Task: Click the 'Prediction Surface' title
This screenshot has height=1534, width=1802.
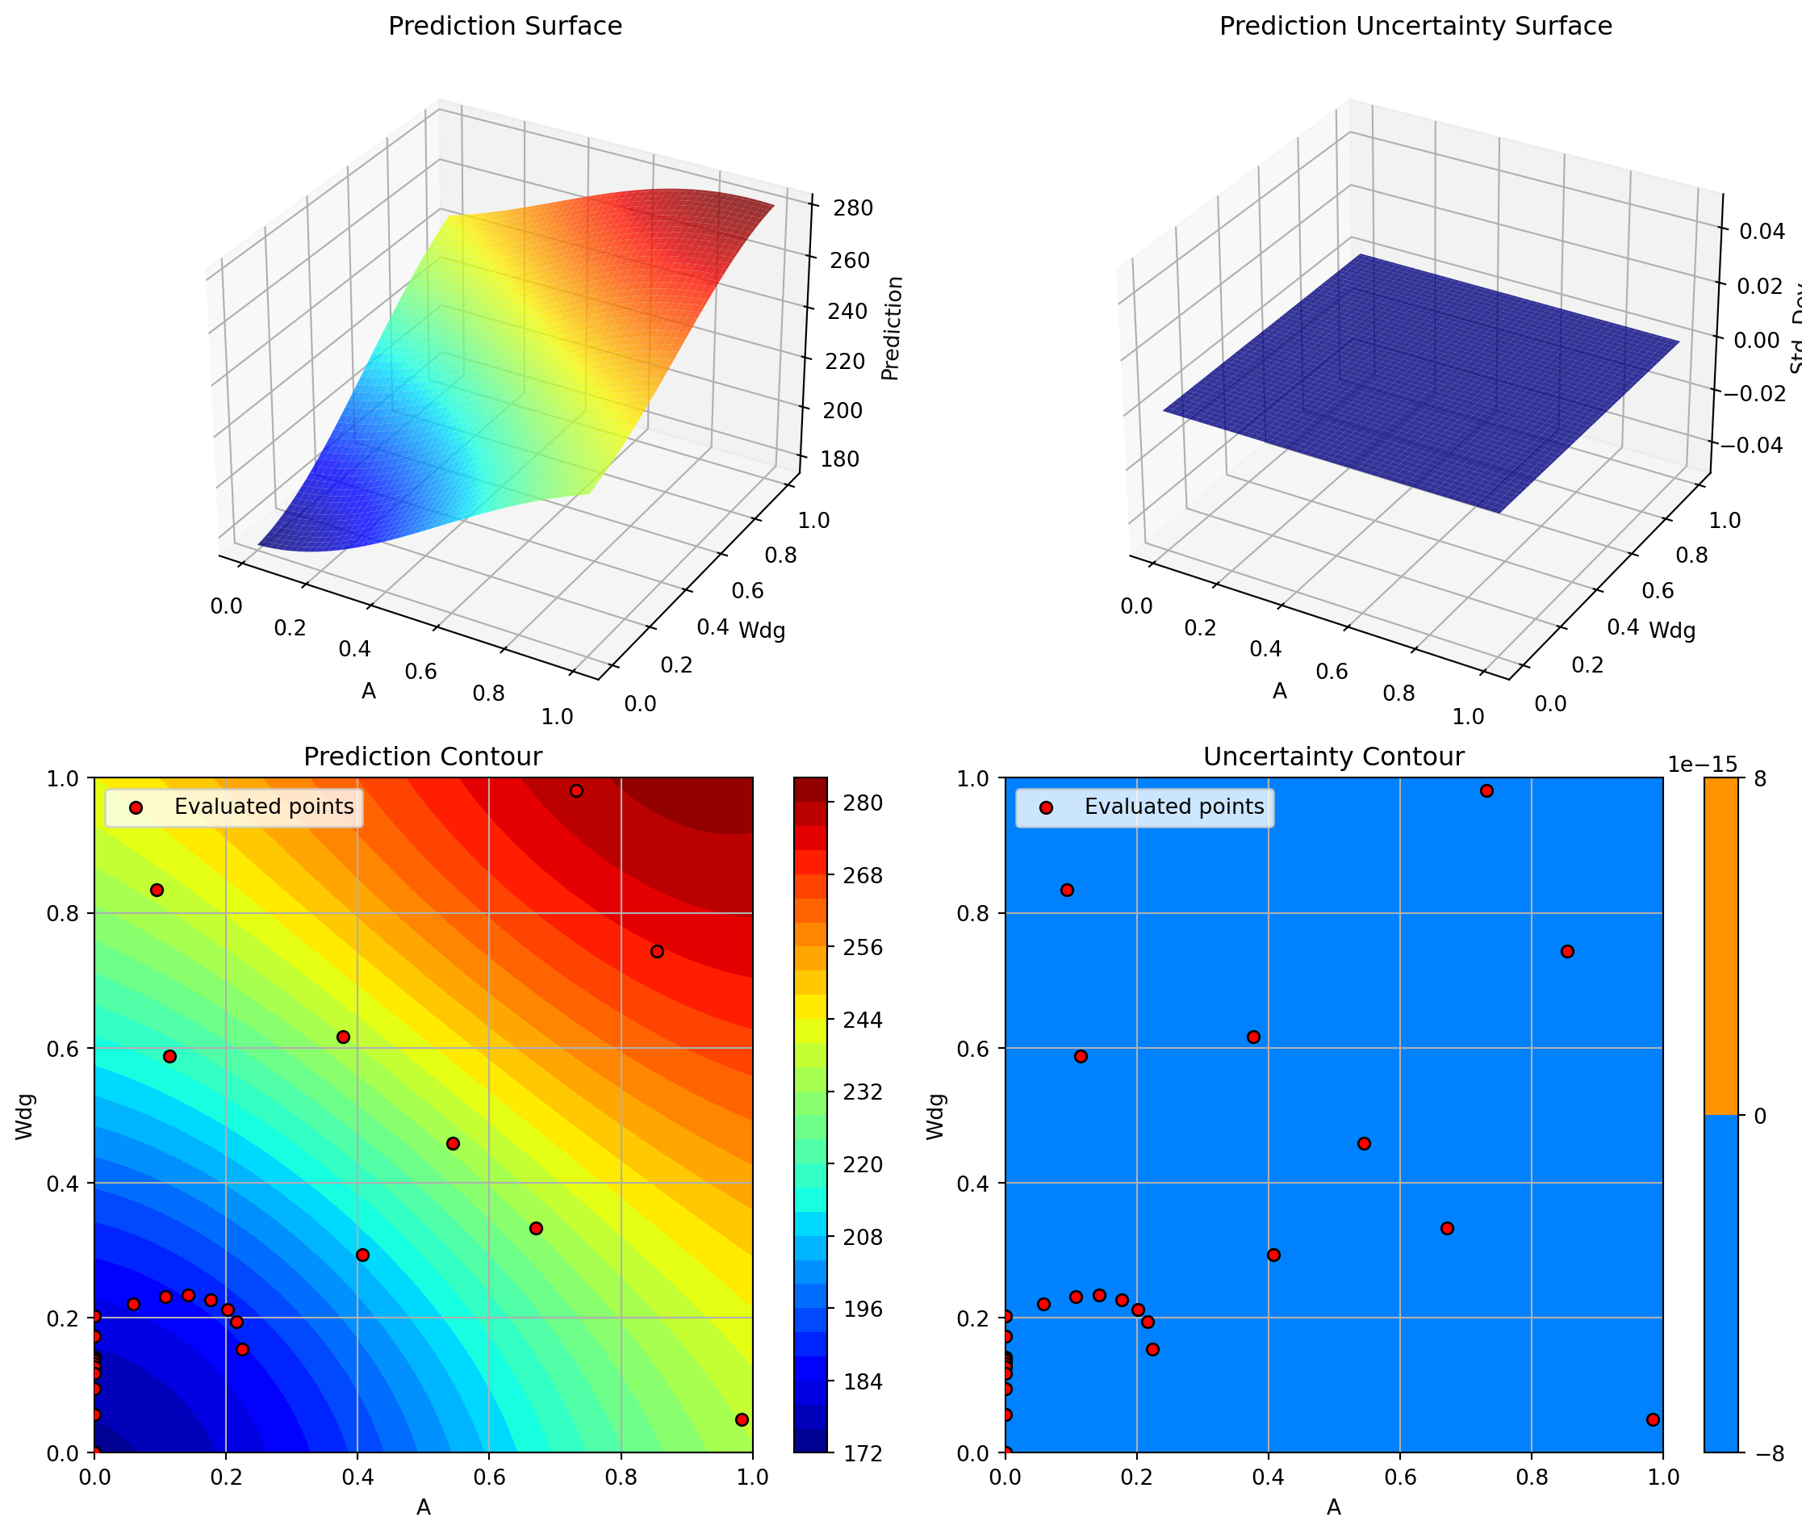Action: (505, 26)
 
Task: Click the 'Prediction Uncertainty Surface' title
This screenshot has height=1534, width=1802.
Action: (1415, 26)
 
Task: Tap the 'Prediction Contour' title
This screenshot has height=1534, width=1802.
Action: (423, 757)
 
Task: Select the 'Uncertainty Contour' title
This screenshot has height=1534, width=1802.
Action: (1333, 757)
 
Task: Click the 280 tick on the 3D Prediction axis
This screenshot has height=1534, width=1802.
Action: (852, 207)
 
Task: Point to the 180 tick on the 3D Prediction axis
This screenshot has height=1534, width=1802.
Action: (838, 459)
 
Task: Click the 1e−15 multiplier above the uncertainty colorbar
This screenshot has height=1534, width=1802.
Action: (1701, 765)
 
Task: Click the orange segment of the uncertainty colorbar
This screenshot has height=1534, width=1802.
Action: (1721, 946)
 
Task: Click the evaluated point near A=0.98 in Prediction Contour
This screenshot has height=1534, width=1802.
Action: (742, 1420)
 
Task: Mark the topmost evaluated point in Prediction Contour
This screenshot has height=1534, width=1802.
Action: (576, 790)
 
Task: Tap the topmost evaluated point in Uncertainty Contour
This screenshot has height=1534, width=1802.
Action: (1486, 790)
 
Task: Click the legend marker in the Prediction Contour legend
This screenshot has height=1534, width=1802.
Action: (135, 808)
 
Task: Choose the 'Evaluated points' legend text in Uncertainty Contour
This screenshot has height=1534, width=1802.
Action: (1173, 807)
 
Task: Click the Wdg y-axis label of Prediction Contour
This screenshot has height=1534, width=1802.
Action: (25, 1116)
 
